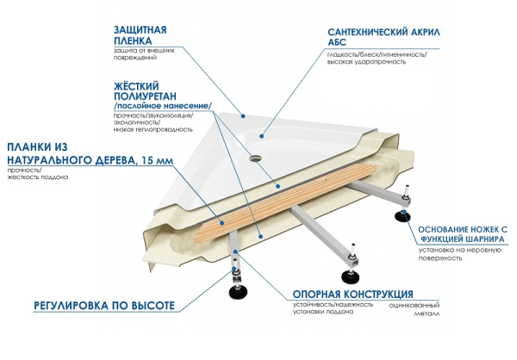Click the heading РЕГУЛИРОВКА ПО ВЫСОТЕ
pos(104,306)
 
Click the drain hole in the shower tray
pos(255,158)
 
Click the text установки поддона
pos(321,313)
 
